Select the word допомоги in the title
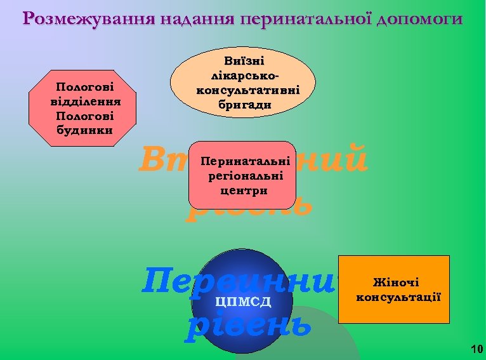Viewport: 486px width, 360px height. tap(419, 18)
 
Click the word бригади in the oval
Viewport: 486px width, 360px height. tap(244, 105)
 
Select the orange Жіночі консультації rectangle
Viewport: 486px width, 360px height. tap(394, 289)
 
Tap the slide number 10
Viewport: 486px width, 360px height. tap(477, 349)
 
